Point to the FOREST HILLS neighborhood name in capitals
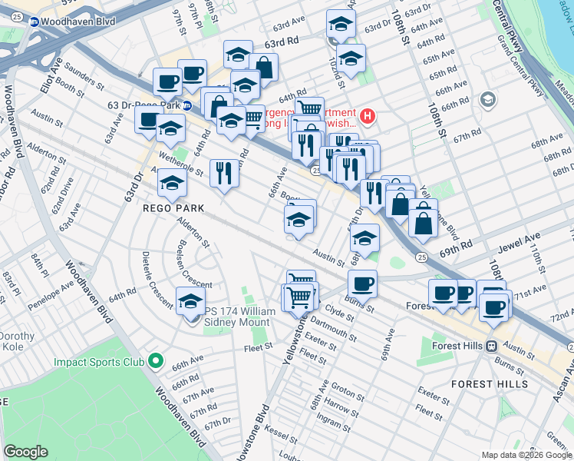[x=489, y=383]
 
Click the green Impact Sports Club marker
[x=156, y=360]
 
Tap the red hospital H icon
[x=368, y=117]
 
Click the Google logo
[x=26, y=452]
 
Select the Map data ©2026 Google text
[x=526, y=455]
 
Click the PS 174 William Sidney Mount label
[x=238, y=316]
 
